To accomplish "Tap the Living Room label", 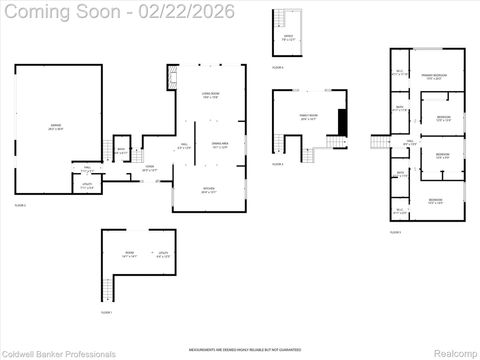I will click(209, 95).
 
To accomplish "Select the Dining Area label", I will click(221, 146).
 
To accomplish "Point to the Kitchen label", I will click(208, 191).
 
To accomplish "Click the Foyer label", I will click(150, 169).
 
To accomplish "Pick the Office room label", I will click(288, 38).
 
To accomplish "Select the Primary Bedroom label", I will click(433, 77).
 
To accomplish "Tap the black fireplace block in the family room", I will click(343, 122).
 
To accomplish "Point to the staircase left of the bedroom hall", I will click(379, 142).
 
